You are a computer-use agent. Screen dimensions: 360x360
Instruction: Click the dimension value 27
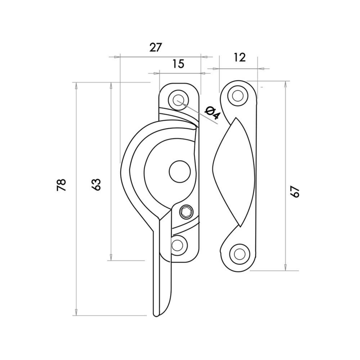[x=156, y=47]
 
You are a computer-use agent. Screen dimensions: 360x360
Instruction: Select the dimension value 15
[x=178, y=63]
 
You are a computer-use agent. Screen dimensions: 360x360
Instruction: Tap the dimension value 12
[x=240, y=57]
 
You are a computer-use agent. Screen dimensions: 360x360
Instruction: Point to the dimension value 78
[x=62, y=185]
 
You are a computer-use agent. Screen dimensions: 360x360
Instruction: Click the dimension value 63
[x=96, y=184]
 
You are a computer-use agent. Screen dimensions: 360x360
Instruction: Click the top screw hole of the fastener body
[x=179, y=99]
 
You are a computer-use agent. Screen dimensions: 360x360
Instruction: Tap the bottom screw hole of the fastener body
[x=179, y=245]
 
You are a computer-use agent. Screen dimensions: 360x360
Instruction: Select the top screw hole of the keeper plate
[x=238, y=95]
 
